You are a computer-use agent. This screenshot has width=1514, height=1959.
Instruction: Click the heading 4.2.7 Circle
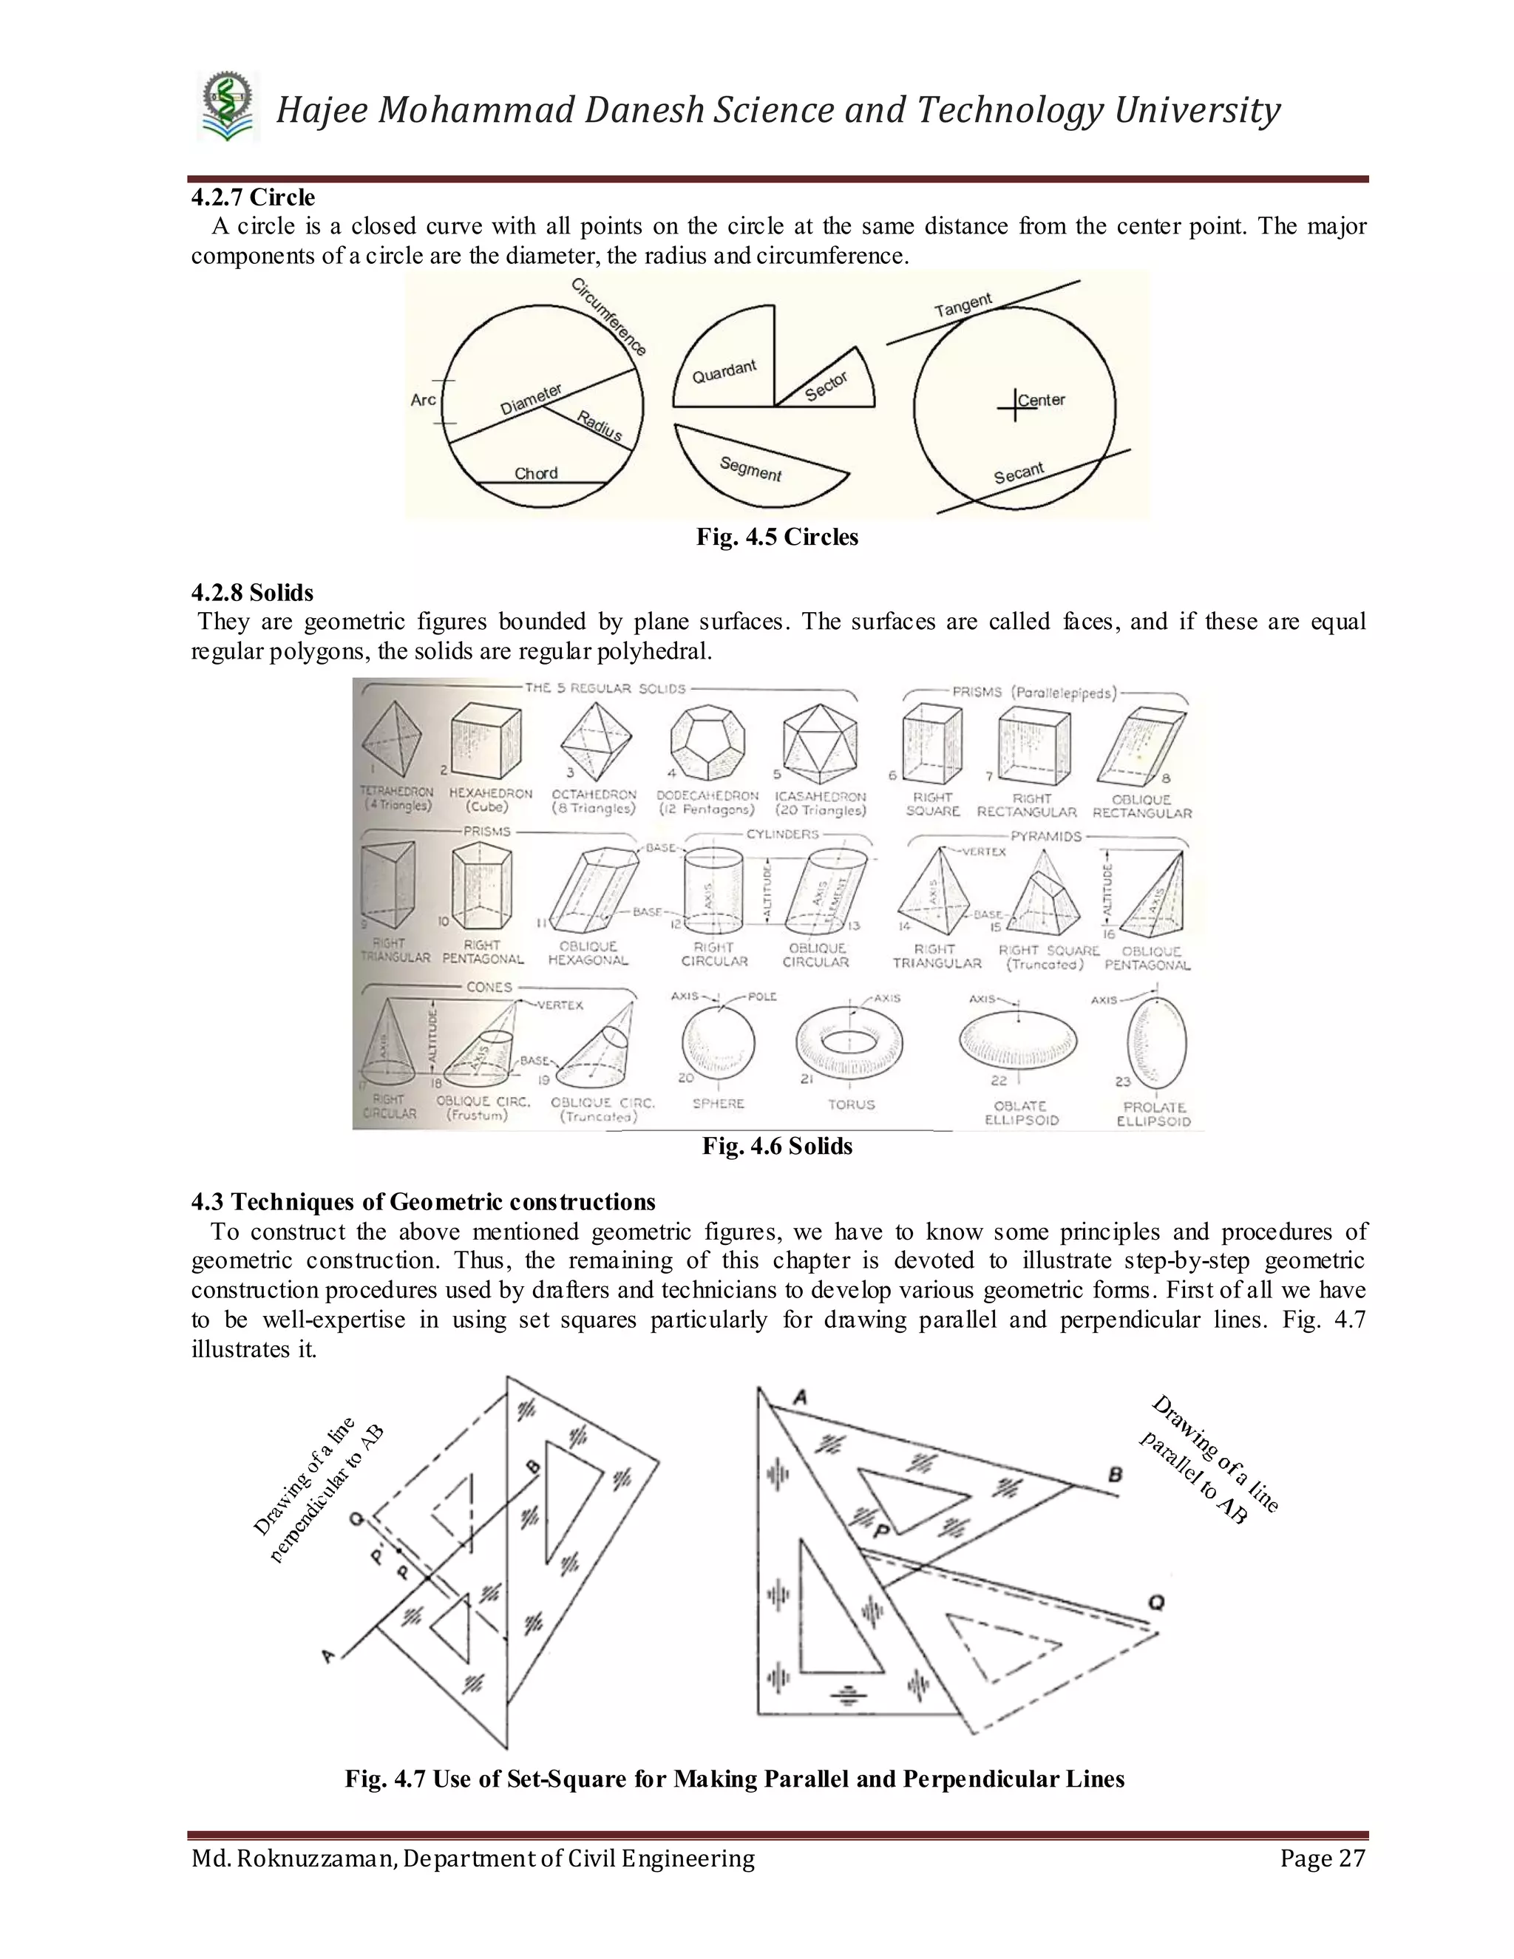coord(253,197)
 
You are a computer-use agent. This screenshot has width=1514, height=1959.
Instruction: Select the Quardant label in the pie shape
coord(724,371)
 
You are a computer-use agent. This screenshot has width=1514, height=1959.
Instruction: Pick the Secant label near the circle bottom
coord(1019,472)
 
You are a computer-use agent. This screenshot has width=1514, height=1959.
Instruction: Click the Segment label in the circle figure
coord(751,468)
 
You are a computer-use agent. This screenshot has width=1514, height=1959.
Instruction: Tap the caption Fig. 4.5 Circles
coord(777,537)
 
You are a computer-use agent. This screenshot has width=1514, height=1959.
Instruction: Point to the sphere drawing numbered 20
coord(719,1042)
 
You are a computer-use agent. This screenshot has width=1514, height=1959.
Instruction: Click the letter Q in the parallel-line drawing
coord(1156,1603)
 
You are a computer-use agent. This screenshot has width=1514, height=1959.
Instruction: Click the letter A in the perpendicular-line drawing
coord(328,1657)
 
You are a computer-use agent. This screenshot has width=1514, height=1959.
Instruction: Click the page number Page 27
coord(1322,1858)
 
